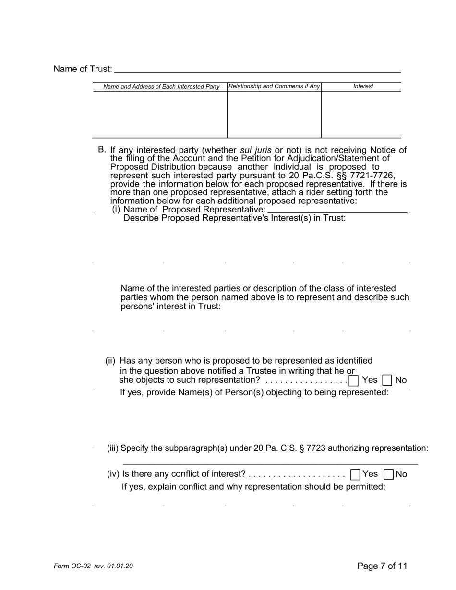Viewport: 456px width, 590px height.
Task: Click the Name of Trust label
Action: (x=83, y=69)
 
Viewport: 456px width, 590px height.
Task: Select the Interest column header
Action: (x=363, y=86)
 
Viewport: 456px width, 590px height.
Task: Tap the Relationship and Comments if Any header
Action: (x=274, y=86)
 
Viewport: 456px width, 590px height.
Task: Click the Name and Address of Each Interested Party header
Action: (x=161, y=87)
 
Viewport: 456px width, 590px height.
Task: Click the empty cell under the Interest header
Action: (x=361, y=114)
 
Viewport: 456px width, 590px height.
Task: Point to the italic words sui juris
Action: (x=255, y=150)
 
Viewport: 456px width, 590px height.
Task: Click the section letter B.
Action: (x=101, y=150)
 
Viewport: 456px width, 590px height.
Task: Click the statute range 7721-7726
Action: (x=370, y=176)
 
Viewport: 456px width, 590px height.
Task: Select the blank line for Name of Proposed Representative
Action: (x=337, y=211)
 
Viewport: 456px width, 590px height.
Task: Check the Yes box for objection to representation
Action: (x=354, y=381)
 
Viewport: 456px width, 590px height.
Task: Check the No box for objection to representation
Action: (x=387, y=381)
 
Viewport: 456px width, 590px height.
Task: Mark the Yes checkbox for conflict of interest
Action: (x=356, y=475)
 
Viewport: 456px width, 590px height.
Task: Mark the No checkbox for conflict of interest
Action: (x=389, y=475)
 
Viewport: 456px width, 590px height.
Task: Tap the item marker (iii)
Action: (x=113, y=448)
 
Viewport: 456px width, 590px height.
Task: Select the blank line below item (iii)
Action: (x=270, y=464)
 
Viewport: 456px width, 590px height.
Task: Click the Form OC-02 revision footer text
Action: (x=93, y=566)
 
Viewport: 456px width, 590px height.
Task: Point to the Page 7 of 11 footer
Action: (x=382, y=566)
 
